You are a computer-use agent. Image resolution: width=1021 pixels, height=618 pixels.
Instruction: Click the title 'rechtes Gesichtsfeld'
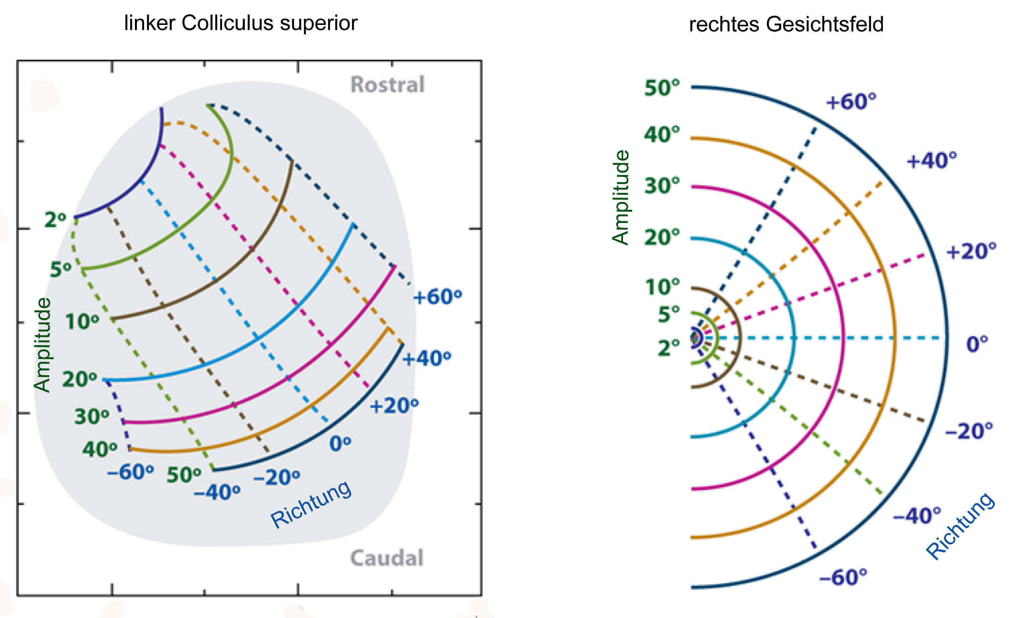pos(786,24)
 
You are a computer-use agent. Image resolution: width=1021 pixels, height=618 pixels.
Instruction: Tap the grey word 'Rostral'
pos(387,84)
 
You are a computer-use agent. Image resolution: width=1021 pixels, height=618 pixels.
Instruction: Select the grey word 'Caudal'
pos(387,558)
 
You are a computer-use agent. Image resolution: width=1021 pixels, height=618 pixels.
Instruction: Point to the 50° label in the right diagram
pos(662,88)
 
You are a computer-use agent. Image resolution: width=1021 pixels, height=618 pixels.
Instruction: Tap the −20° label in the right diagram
pos(969,431)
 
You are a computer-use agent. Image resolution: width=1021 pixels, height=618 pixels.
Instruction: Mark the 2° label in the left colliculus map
pos(55,219)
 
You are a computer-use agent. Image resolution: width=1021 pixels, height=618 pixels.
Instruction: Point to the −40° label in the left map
pos(217,493)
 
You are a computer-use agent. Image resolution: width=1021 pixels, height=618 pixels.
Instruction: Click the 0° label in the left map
pos(340,444)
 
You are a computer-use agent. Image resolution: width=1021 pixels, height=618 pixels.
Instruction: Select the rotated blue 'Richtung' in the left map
pos(311,504)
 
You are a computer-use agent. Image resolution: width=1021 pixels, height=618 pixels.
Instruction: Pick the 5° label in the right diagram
pos(669,314)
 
